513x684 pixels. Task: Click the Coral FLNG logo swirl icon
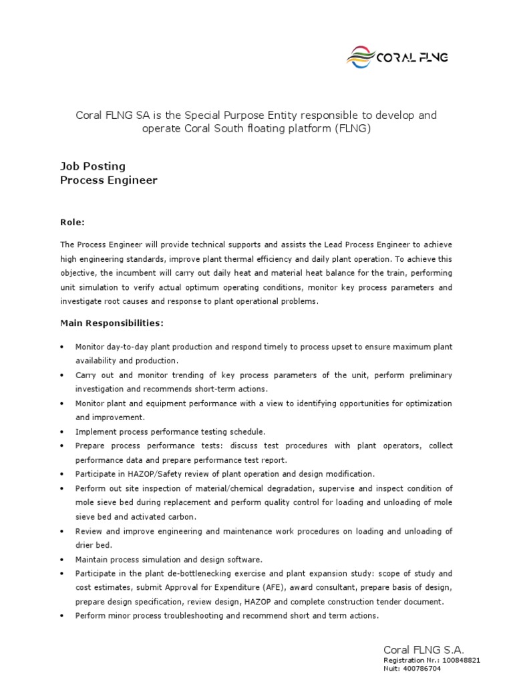click(361, 57)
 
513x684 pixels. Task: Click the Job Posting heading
click(93, 166)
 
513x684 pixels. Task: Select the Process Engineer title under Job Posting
click(109, 180)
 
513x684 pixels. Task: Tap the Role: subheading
click(73, 222)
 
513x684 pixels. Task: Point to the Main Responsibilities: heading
click(112, 323)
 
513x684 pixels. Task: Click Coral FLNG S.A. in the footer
click(423, 649)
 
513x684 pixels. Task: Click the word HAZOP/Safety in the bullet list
click(147, 474)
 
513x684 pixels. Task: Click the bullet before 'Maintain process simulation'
click(62, 559)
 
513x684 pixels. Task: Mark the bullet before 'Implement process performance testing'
click(62, 432)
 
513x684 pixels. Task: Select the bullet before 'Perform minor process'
click(62, 616)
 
